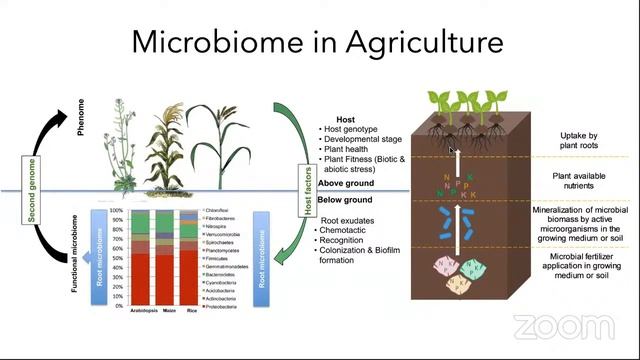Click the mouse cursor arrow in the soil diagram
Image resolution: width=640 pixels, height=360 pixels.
[452, 150]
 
